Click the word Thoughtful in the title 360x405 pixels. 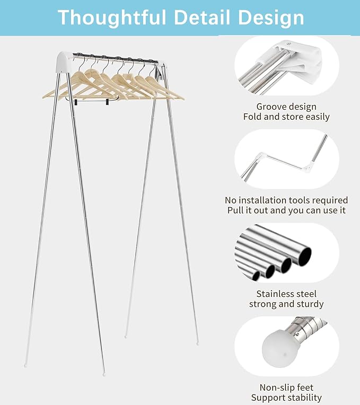click(112, 17)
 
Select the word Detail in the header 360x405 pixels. click(201, 17)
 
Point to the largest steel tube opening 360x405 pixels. click(305, 256)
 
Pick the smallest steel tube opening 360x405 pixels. click(256, 276)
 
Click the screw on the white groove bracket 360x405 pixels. click(289, 44)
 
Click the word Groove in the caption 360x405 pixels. click(268, 107)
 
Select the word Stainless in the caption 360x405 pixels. click(273, 294)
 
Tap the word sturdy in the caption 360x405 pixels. click(310, 304)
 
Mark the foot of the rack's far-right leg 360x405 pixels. click(197, 343)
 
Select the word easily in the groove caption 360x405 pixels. click(318, 117)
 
